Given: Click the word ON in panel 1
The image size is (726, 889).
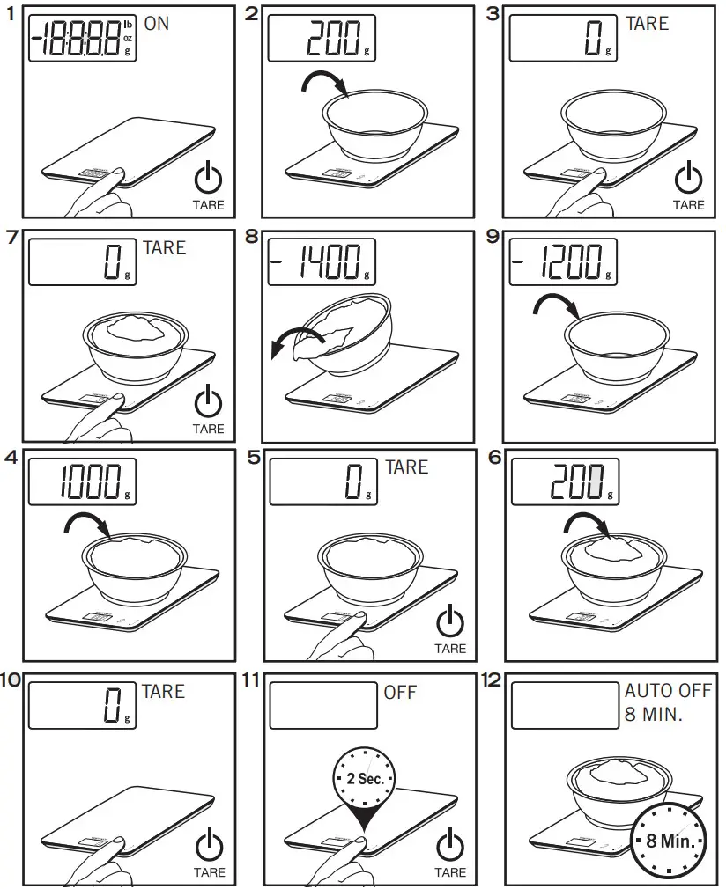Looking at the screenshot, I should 156,24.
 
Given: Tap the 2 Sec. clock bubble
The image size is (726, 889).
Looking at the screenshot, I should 363,778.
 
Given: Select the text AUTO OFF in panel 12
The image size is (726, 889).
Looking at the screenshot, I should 668,692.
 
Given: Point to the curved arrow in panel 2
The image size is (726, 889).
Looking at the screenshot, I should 324,83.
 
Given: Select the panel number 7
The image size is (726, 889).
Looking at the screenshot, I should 11,239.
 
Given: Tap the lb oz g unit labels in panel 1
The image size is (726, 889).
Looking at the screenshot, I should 129,39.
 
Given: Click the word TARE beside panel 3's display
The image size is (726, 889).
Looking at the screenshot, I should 647,24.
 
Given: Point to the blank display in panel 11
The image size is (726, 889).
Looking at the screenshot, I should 322,705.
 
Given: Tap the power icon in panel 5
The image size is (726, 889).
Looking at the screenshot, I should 450,621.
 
